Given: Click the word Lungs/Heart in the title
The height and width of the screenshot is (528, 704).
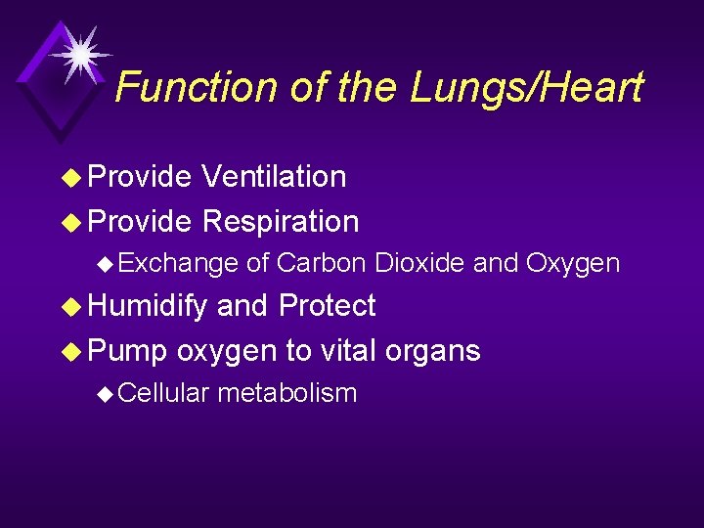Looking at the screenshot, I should [x=526, y=88].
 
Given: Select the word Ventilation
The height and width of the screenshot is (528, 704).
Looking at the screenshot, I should [x=274, y=177].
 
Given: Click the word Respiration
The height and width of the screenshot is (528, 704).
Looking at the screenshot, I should [x=281, y=222].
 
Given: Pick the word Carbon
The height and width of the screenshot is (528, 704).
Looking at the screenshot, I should [x=321, y=263].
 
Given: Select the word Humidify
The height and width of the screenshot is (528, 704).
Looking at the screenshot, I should [x=148, y=306].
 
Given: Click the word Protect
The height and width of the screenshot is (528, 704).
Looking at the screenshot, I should [x=327, y=306].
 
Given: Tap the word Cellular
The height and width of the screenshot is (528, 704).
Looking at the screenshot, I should [x=165, y=393].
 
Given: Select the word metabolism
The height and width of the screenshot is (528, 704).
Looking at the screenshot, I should [x=286, y=393].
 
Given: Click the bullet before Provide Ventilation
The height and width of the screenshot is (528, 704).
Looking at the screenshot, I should [x=70, y=178].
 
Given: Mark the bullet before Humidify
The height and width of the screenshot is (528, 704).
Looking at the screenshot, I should [x=70, y=307].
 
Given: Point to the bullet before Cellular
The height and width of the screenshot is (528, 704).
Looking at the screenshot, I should [x=107, y=394].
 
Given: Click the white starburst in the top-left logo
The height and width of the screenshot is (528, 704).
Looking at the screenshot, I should [x=79, y=52].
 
